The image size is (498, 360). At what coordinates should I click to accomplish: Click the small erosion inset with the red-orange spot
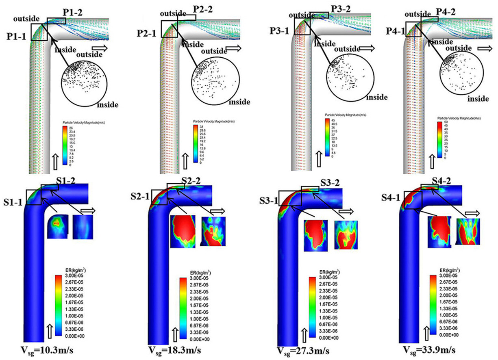(56, 227)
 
